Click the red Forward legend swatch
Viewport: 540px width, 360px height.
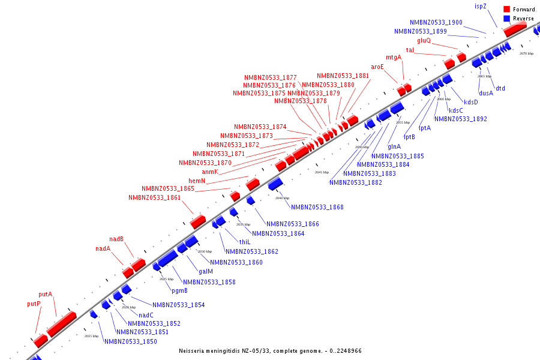point(506,9)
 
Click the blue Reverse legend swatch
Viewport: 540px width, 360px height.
point(506,19)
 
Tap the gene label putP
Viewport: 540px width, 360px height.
point(34,304)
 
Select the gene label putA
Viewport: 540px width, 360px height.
point(46,295)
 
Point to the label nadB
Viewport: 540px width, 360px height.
point(116,239)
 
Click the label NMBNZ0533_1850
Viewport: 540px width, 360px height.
point(131,341)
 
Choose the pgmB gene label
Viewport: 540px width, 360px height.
point(179,291)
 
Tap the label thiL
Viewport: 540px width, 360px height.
point(245,242)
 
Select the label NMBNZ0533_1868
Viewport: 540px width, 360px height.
point(317,207)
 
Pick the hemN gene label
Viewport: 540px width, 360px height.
point(197,181)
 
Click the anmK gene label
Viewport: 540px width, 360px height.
point(210,172)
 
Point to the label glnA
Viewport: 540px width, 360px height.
point(394,146)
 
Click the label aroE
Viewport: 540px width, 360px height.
point(377,67)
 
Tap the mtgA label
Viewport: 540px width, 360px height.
point(394,57)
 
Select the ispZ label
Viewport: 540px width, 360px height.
point(481,6)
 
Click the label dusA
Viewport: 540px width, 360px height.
point(486,93)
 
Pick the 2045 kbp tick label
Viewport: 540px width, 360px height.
point(322,172)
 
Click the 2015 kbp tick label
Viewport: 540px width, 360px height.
point(91,336)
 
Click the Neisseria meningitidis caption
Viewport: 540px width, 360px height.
point(270,350)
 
